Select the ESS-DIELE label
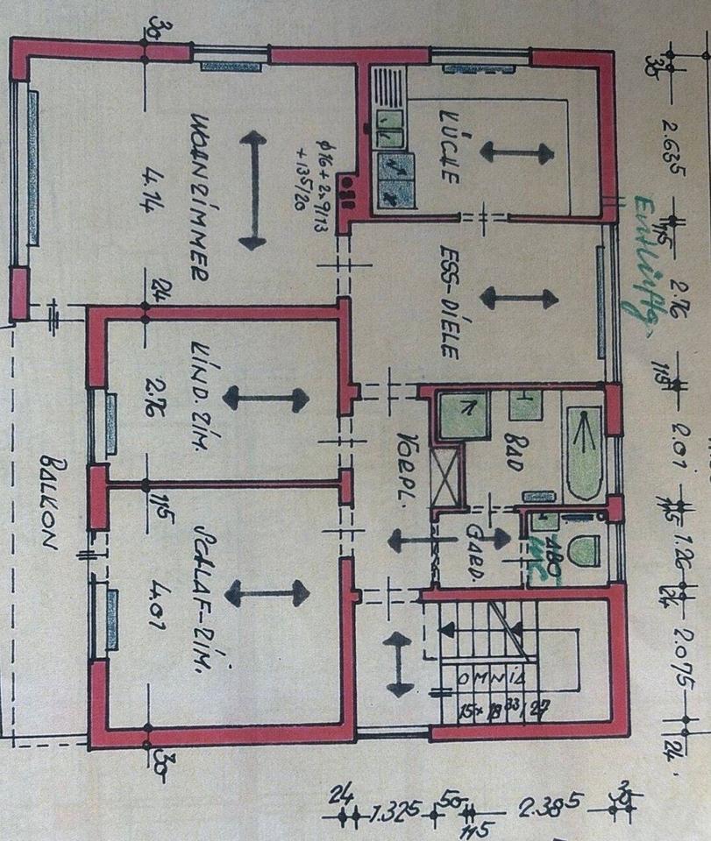pyautogui.click(x=449, y=300)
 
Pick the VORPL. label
pyautogui.click(x=404, y=460)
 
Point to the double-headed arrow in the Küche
pyautogui.click(x=517, y=152)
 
